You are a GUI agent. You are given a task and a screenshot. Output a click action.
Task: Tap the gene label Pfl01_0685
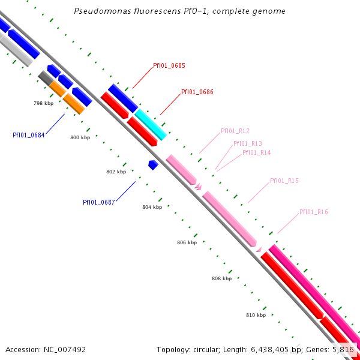tap(169, 65)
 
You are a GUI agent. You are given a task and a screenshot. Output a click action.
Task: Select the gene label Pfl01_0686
tap(197, 92)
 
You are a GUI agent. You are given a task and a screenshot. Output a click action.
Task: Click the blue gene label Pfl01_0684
tap(28, 135)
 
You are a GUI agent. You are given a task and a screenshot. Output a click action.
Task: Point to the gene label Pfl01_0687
tap(98, 202)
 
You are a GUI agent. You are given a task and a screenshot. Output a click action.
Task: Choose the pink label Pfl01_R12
tap(235, 131)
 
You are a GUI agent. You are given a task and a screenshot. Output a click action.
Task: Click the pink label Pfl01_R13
tap(247, 143)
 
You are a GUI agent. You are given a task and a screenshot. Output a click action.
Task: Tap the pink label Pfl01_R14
tap(256, 152)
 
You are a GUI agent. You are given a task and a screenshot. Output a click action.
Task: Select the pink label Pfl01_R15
tap(284, 181)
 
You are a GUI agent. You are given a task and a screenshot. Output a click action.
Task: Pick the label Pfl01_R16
tap(313, 212)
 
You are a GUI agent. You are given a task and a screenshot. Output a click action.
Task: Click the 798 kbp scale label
tap(43, 104)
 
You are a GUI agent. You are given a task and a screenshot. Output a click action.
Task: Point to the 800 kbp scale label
tap(80, 138)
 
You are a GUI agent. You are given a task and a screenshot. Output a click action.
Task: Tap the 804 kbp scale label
tap(152, 207)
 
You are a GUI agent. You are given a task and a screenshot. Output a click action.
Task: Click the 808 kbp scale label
tap(221, 278)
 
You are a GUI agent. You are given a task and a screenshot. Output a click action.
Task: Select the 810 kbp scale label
tap(256, 314)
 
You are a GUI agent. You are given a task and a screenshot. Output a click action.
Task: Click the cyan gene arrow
tap(151, 124)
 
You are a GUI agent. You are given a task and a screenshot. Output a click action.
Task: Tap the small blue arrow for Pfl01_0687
tap(153, 164)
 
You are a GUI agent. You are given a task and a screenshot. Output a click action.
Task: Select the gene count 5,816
tap(343, 349)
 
